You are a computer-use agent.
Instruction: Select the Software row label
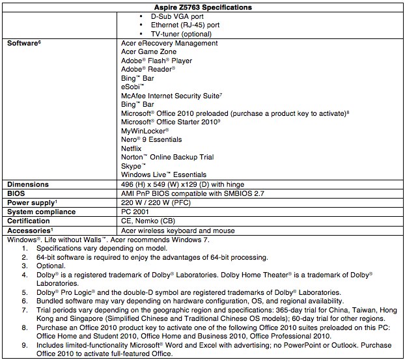click(x=24, y=43)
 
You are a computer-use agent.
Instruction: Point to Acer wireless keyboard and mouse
click(x=178, y=230)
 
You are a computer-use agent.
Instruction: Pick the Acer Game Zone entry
click(x=149, y=51)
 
